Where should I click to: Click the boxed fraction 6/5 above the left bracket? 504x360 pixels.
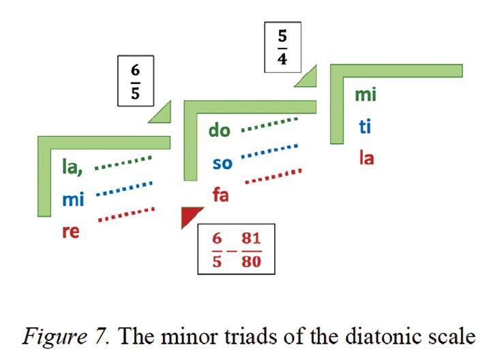(135, 81)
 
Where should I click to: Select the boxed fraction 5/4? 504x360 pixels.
(282, 46)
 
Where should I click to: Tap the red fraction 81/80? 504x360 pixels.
(251, 249)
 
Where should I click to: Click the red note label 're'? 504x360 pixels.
(71, 231)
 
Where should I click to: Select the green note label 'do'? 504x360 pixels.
(220, 130)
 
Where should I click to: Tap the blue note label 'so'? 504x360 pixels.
(222, 164)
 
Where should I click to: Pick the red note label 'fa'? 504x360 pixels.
(220, 196)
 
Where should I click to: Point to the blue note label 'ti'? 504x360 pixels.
(365, 127)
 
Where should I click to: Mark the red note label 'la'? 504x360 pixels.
(366, 159)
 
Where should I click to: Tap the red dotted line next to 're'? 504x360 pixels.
(126, 214)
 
